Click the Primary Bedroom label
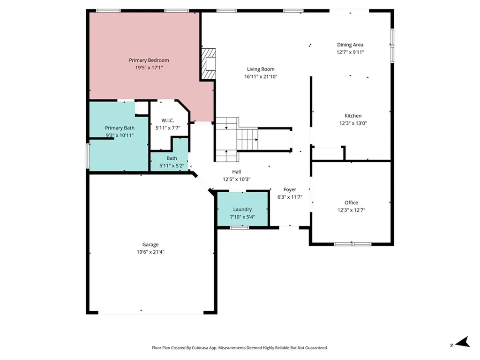pos(149,60)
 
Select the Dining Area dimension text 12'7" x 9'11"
pos(350,52)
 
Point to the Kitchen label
pos(353,116)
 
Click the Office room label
pos(351,202)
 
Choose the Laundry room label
pos(242,209)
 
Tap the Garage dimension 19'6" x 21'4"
pos(150,252)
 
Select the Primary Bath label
pos(120,128)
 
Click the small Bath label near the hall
pos(172,158)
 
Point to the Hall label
pos(236,172)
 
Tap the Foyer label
pos(290,189)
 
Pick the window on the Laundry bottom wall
pos(239,227)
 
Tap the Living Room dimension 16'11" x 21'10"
pos(261,76)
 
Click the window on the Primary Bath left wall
pos(87,155)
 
